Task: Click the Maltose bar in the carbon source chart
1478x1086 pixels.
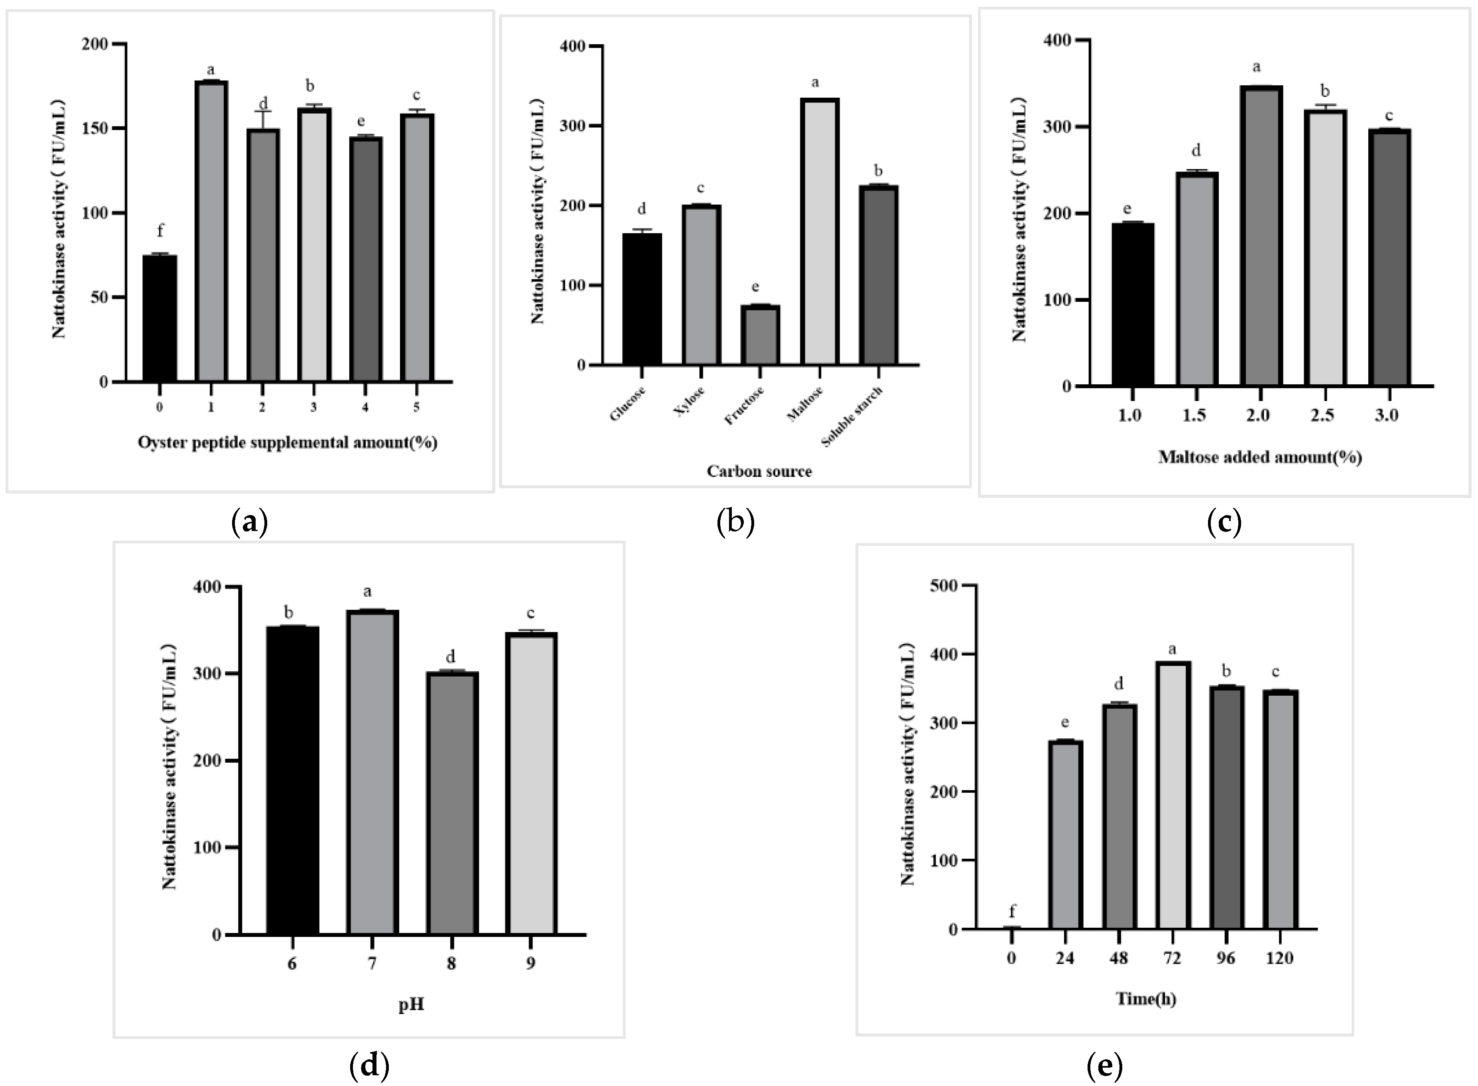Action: pos(819,231)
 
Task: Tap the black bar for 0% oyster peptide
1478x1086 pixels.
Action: pos(160,319)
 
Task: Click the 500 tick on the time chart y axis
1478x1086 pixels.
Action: pos(944,586)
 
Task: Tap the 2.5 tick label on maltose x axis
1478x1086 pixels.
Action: pos(1322,415)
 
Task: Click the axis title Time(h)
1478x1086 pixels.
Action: pos(1146,999)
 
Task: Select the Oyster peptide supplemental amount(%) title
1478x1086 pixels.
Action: pos(287,443)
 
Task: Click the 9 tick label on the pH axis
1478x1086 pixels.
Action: pos(530,963)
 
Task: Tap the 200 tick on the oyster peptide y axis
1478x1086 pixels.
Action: pos(94,44)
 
